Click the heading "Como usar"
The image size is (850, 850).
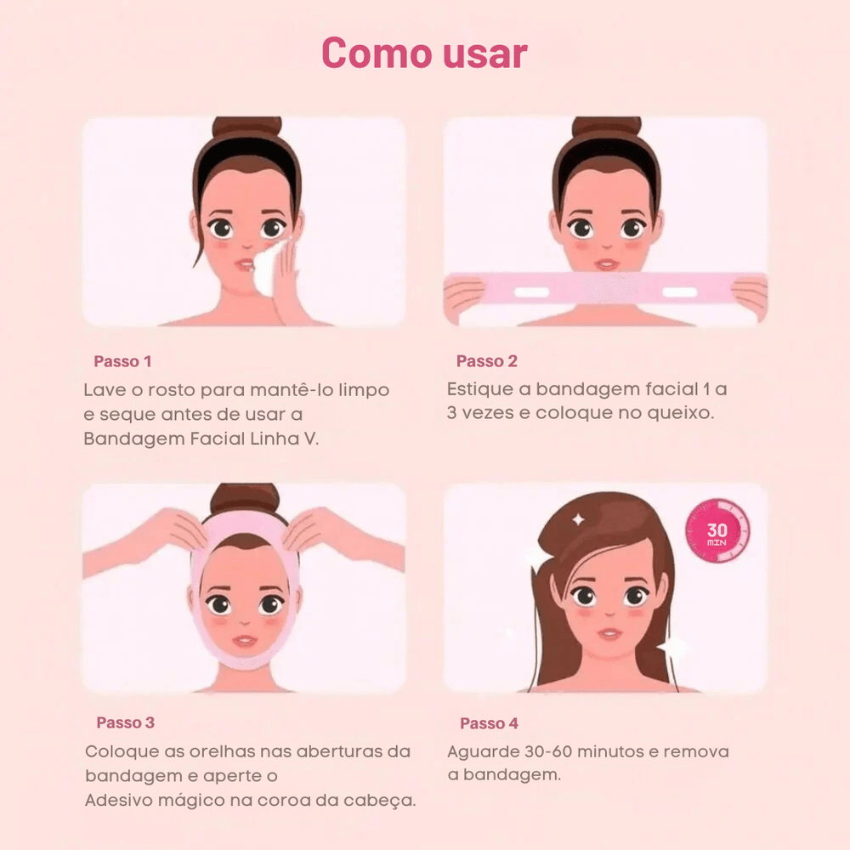pos(424,53)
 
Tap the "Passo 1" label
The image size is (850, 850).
pos(122,361)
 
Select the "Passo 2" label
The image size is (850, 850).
pos(487,361)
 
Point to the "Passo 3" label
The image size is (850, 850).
pos(125,722)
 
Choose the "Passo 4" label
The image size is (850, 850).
pos(489,723)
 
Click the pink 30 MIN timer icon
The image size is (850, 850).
pos(717,530)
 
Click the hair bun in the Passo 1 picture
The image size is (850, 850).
pos(246,128)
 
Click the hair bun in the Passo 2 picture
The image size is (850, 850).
pos(607,128)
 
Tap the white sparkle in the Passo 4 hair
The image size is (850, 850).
pos(578,520)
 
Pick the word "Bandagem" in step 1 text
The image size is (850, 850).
pos(133,439)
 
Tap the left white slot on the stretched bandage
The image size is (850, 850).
pos(532,292)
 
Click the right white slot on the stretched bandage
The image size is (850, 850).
pos(680,292)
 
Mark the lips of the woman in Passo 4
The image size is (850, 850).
pos(609,634)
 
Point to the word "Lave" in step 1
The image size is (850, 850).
pos(103,390)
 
